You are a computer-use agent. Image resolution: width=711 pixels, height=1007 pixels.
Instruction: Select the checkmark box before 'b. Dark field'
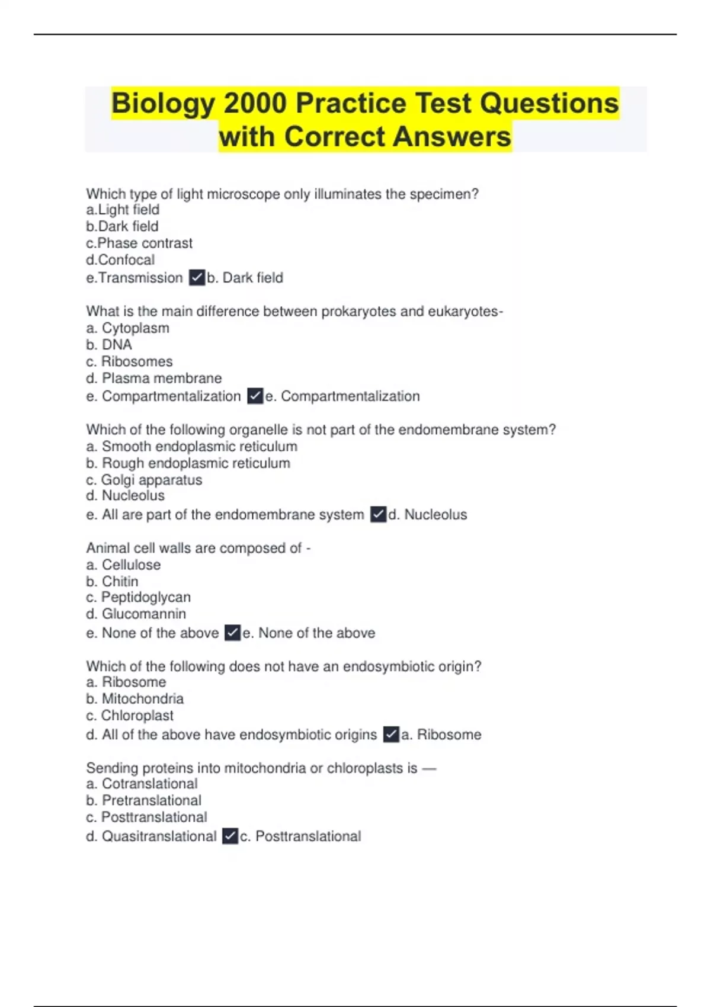[x=197, y=277]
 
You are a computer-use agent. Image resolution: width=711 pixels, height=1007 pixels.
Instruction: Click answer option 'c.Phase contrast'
[x=139, y=243]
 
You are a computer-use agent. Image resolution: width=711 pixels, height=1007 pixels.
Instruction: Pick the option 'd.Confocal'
[x=120, y=260]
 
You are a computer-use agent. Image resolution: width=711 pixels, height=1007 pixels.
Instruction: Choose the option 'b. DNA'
[x=109, y=345]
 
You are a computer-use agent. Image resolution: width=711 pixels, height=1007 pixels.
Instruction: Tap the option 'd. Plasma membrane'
[x=154, y=379]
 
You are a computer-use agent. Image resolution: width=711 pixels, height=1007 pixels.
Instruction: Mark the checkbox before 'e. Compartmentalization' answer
[x=255, y=396]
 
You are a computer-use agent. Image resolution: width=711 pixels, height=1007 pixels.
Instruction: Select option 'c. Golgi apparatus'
[x=144, y=480]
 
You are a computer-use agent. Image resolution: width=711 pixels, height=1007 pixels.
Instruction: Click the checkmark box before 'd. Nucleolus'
[x=378, y=514]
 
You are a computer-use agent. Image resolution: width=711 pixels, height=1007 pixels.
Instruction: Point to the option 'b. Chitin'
[x=112, y=582]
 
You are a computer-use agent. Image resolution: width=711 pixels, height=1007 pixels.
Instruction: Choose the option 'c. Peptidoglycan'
[x=139, y=597]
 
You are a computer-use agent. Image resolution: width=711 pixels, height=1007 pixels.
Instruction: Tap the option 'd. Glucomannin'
[x=136, y=614]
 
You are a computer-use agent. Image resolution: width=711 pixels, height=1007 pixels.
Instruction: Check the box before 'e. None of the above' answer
[x=233, y=633]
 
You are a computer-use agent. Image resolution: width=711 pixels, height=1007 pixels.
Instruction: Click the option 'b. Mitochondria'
[x=135, y=699]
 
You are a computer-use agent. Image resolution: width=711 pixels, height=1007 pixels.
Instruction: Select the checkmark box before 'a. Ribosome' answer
[x=391, y=735]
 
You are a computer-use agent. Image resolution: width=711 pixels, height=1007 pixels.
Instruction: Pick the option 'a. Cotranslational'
[x=142, y=784]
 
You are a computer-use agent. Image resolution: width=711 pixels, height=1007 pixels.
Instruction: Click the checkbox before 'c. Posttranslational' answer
[x=230, y=836]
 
